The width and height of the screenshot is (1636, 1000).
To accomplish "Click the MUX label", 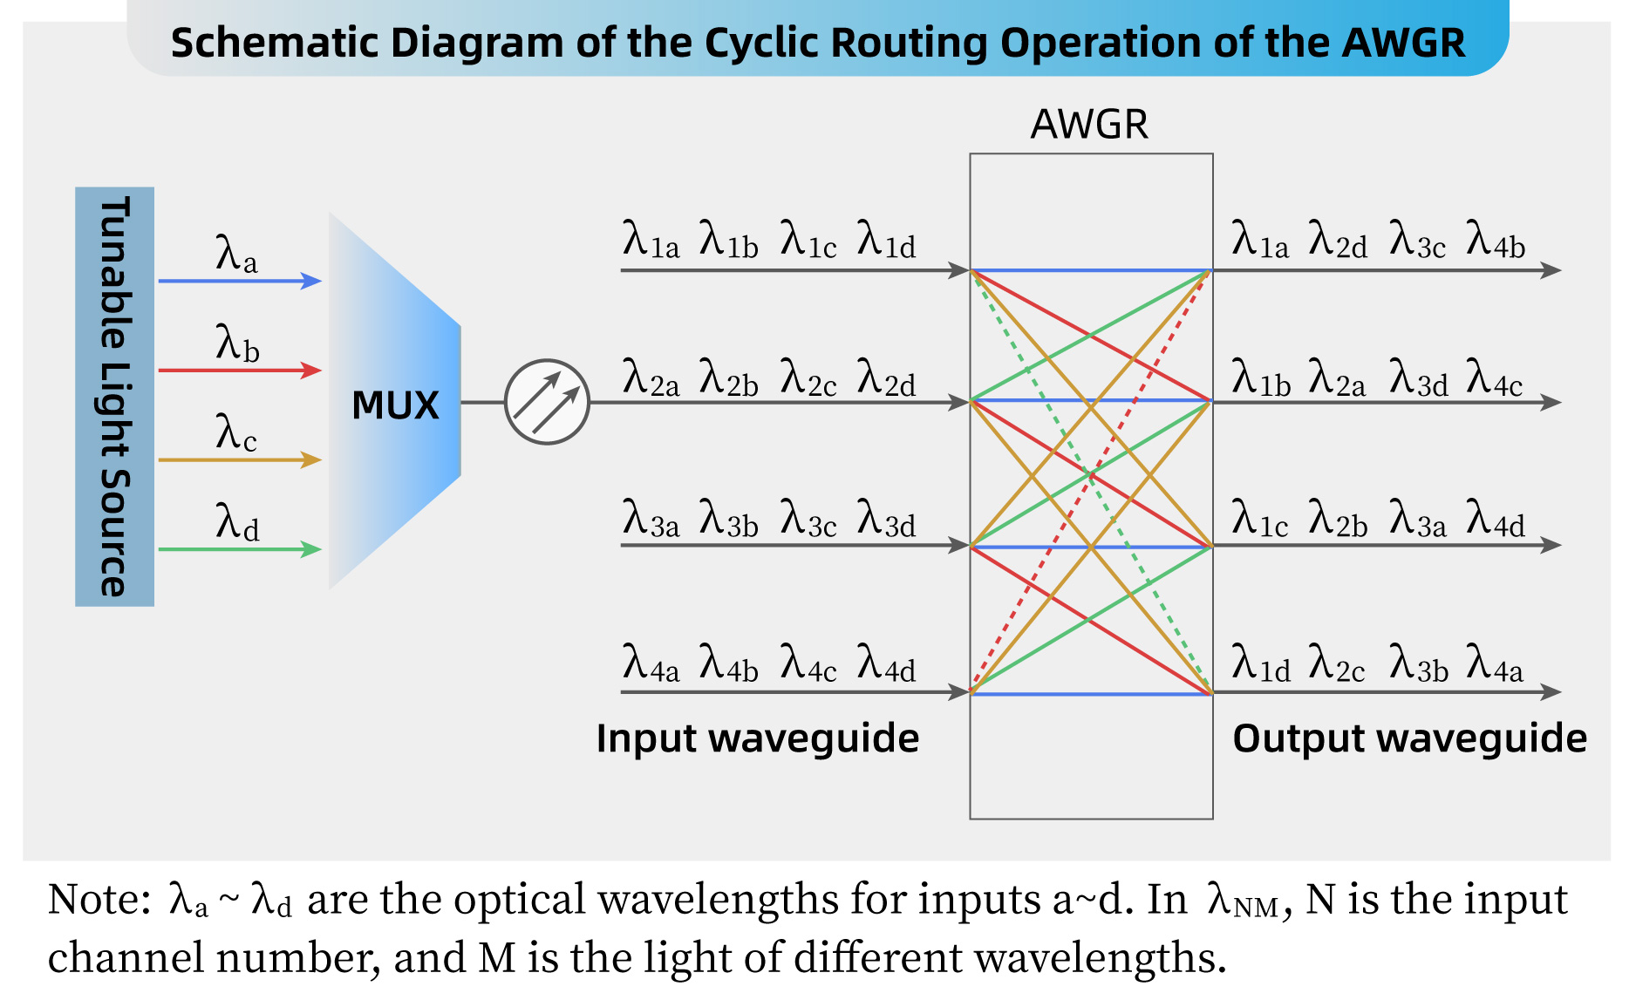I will tap(395, 405).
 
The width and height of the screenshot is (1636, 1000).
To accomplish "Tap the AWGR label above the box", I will tap(1089, 125).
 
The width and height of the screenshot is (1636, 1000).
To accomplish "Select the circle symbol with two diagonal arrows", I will tap(547, 402).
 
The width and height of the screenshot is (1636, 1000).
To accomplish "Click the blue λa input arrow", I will tap(240, 281).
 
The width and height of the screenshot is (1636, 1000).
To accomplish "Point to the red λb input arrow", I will tap(240, 371).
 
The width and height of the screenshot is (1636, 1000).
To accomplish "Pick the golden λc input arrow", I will tap(240, 459).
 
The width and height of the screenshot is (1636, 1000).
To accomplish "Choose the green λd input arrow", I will tap(240, 549).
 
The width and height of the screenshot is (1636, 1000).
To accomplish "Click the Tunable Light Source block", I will tap(114, 397).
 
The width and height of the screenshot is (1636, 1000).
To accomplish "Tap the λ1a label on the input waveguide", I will tap(651, 240).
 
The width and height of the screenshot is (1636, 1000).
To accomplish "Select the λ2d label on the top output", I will tap(1338, 240).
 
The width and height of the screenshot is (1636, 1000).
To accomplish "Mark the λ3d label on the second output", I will tap(1418, 379).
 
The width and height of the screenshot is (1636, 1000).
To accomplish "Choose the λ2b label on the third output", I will tap(1338, 520).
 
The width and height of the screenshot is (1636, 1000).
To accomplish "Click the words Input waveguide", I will tap(757, 738).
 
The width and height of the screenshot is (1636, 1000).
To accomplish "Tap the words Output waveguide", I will tap(1409, 738).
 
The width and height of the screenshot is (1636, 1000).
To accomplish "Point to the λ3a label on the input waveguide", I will tap(651, 520).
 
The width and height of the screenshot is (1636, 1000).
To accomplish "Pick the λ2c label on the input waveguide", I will tap(808, 379).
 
